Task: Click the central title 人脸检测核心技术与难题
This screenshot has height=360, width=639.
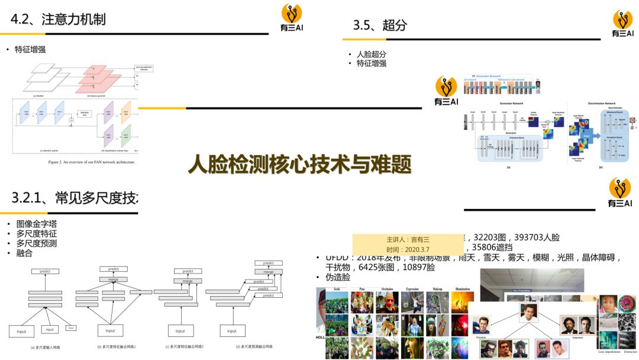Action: point(299,165)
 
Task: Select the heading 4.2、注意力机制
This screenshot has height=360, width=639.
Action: point(58,20)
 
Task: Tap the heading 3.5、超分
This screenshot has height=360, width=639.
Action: point(380,25)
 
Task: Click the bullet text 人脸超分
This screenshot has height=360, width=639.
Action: point(372,54)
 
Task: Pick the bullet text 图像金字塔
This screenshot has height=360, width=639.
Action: point(37,224)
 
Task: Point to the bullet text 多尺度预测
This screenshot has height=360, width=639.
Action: point(37,243)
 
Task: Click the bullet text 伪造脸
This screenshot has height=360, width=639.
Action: point(338,277)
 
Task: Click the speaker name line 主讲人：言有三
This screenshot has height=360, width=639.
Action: point(408,240)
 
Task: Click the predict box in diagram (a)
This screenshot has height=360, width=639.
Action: point(45,271)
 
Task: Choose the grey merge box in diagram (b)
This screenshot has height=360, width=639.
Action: point(113,279)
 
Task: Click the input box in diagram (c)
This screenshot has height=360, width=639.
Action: point(180,331)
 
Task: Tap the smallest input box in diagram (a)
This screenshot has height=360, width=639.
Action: point(70,327)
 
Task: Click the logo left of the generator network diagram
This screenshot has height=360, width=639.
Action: point(446,91)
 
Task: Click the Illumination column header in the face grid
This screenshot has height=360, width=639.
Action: point(463,289)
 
